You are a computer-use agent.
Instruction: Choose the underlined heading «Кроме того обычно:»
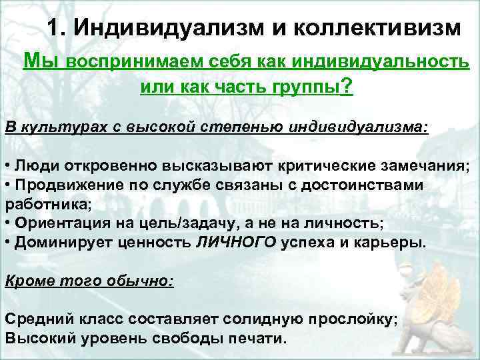(x=89, y=281)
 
